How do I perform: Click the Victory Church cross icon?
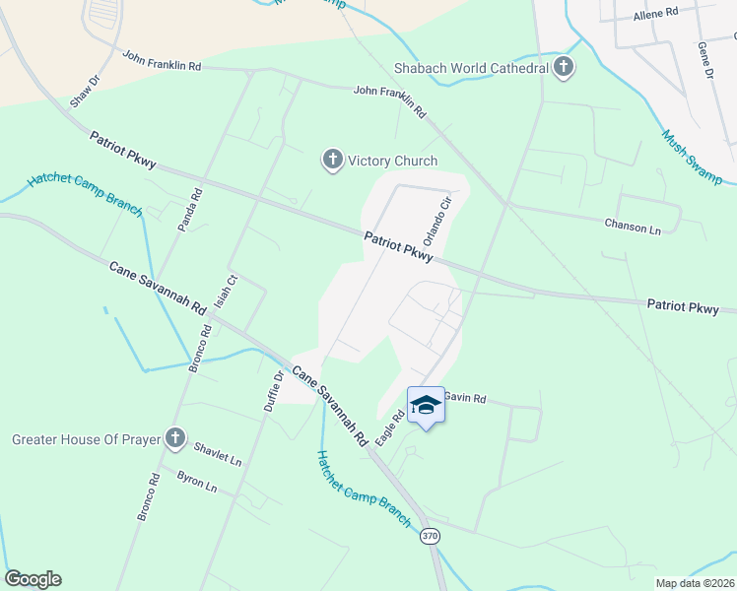click(333, 160)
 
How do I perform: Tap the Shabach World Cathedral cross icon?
click(564, 67)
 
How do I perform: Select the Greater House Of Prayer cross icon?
click(175, 438)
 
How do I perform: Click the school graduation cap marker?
click(426, 406)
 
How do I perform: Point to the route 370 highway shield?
click(430, 536)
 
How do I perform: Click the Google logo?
click(33, 579)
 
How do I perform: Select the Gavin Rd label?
click(465, 398)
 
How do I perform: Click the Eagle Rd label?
click(392, 429)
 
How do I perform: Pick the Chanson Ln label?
click(633, 225)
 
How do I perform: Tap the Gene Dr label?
click(704, 59)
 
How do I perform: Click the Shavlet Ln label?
click(218, 452)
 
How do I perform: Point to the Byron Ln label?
click(197, 481)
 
